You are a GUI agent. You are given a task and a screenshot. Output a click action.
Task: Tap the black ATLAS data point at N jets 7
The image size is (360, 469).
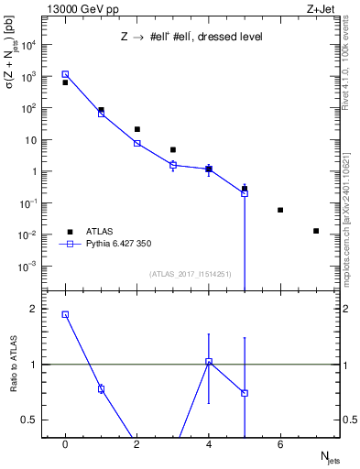tap(316, 231)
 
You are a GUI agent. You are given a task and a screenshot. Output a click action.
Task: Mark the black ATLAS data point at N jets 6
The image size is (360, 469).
tap(280, 210)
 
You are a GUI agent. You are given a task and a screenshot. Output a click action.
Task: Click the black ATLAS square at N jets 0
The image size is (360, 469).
tap(65, 82)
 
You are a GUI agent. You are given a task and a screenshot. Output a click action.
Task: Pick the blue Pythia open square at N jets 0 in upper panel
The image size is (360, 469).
tap(65, 74)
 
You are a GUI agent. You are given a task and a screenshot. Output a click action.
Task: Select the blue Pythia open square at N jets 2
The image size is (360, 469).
tap(136, 143)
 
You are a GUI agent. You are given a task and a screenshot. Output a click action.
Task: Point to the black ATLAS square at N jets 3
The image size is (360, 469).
tap(172, 149)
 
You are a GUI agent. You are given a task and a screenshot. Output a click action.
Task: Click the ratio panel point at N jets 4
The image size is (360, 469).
tap(209, 362)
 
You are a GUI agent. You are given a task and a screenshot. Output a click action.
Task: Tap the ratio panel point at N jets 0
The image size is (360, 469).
tap(65, 314)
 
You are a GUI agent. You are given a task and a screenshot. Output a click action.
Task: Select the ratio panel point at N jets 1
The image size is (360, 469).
tap(101, 389)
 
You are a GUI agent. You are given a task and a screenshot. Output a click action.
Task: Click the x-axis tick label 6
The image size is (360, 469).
tap(280, 445)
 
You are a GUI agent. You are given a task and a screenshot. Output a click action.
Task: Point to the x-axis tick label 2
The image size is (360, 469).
tap(136, 445)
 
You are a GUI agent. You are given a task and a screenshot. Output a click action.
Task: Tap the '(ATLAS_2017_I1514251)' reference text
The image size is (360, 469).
tap(191, 274)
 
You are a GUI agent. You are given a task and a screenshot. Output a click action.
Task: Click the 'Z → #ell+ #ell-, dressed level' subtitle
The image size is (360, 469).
tap(191, 38)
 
